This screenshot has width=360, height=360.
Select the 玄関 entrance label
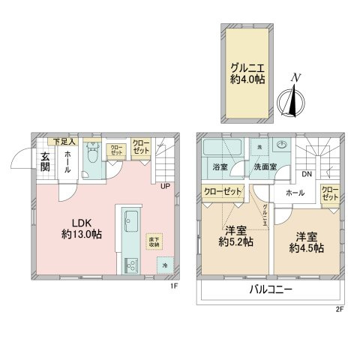pyautogui.click(x=45, y=163)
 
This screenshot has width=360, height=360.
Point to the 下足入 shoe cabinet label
pyautogui.click(x=61, y=141)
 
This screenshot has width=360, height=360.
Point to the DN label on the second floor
pyautogui.click(x=307, y=175)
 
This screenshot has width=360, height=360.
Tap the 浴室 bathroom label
pyautogui.click(x=220, y=166)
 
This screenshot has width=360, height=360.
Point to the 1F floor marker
pyautogui.click(x=172, y=285)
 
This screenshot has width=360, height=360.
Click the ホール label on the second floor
pyautogui.click(x=295, y=193)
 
